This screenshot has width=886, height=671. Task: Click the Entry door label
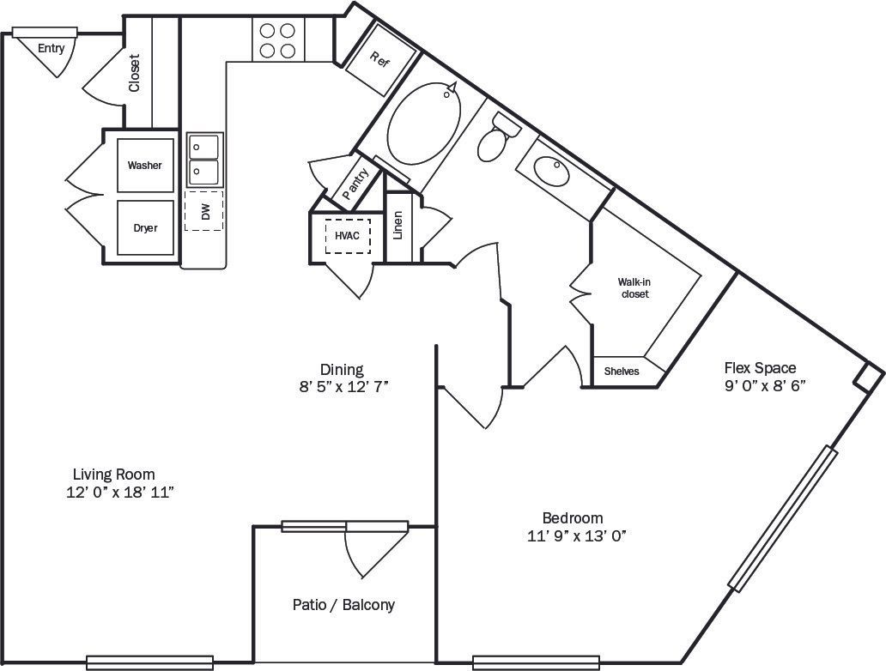click(51, 49)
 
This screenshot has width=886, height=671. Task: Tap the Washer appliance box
click(145, 165)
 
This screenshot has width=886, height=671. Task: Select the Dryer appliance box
click(145, 227)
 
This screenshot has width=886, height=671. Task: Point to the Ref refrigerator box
click(380, 60)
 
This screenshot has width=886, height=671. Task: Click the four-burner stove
click(277, 40)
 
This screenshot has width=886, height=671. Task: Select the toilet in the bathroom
click(497, 139)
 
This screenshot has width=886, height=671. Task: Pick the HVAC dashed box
click(347, 235)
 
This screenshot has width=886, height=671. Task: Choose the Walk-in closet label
click(634, 287)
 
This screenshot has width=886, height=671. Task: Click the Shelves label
click(622, 372)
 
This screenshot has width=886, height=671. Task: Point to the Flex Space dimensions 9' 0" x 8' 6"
click(764, 385)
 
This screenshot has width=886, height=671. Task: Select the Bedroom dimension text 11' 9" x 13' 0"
click(572, 536)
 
